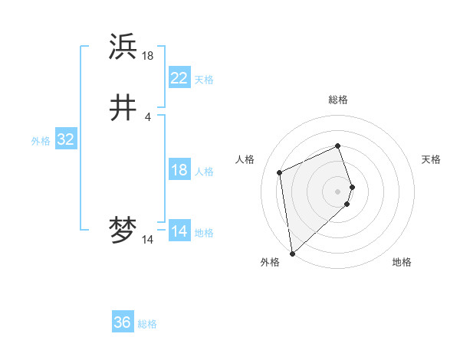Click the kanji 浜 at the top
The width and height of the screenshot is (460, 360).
[123, 47]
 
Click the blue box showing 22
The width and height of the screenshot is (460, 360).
[179, 77]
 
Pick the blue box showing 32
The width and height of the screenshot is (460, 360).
[65, 139]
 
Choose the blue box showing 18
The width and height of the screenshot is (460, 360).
[179, 170]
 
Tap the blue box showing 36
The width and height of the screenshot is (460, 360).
[123, 322]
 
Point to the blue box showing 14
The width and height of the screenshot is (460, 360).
[179, 231]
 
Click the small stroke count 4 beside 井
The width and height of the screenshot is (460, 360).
[147, 116]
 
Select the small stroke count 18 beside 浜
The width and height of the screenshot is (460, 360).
[147, 55]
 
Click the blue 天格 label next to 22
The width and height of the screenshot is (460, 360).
[204, 79]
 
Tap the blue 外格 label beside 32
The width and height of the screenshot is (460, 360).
[41, 141]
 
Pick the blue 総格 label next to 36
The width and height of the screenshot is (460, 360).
[147, 324]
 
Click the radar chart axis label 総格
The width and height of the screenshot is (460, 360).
[338, 100]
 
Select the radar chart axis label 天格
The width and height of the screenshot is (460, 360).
[431, 159]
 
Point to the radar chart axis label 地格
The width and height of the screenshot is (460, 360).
[402, 262]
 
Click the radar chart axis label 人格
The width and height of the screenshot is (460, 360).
[245, 159]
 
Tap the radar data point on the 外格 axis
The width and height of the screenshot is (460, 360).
[292, 253]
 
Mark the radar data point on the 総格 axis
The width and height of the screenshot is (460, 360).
[338, 146]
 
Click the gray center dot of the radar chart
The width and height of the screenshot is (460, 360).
[338, 191]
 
